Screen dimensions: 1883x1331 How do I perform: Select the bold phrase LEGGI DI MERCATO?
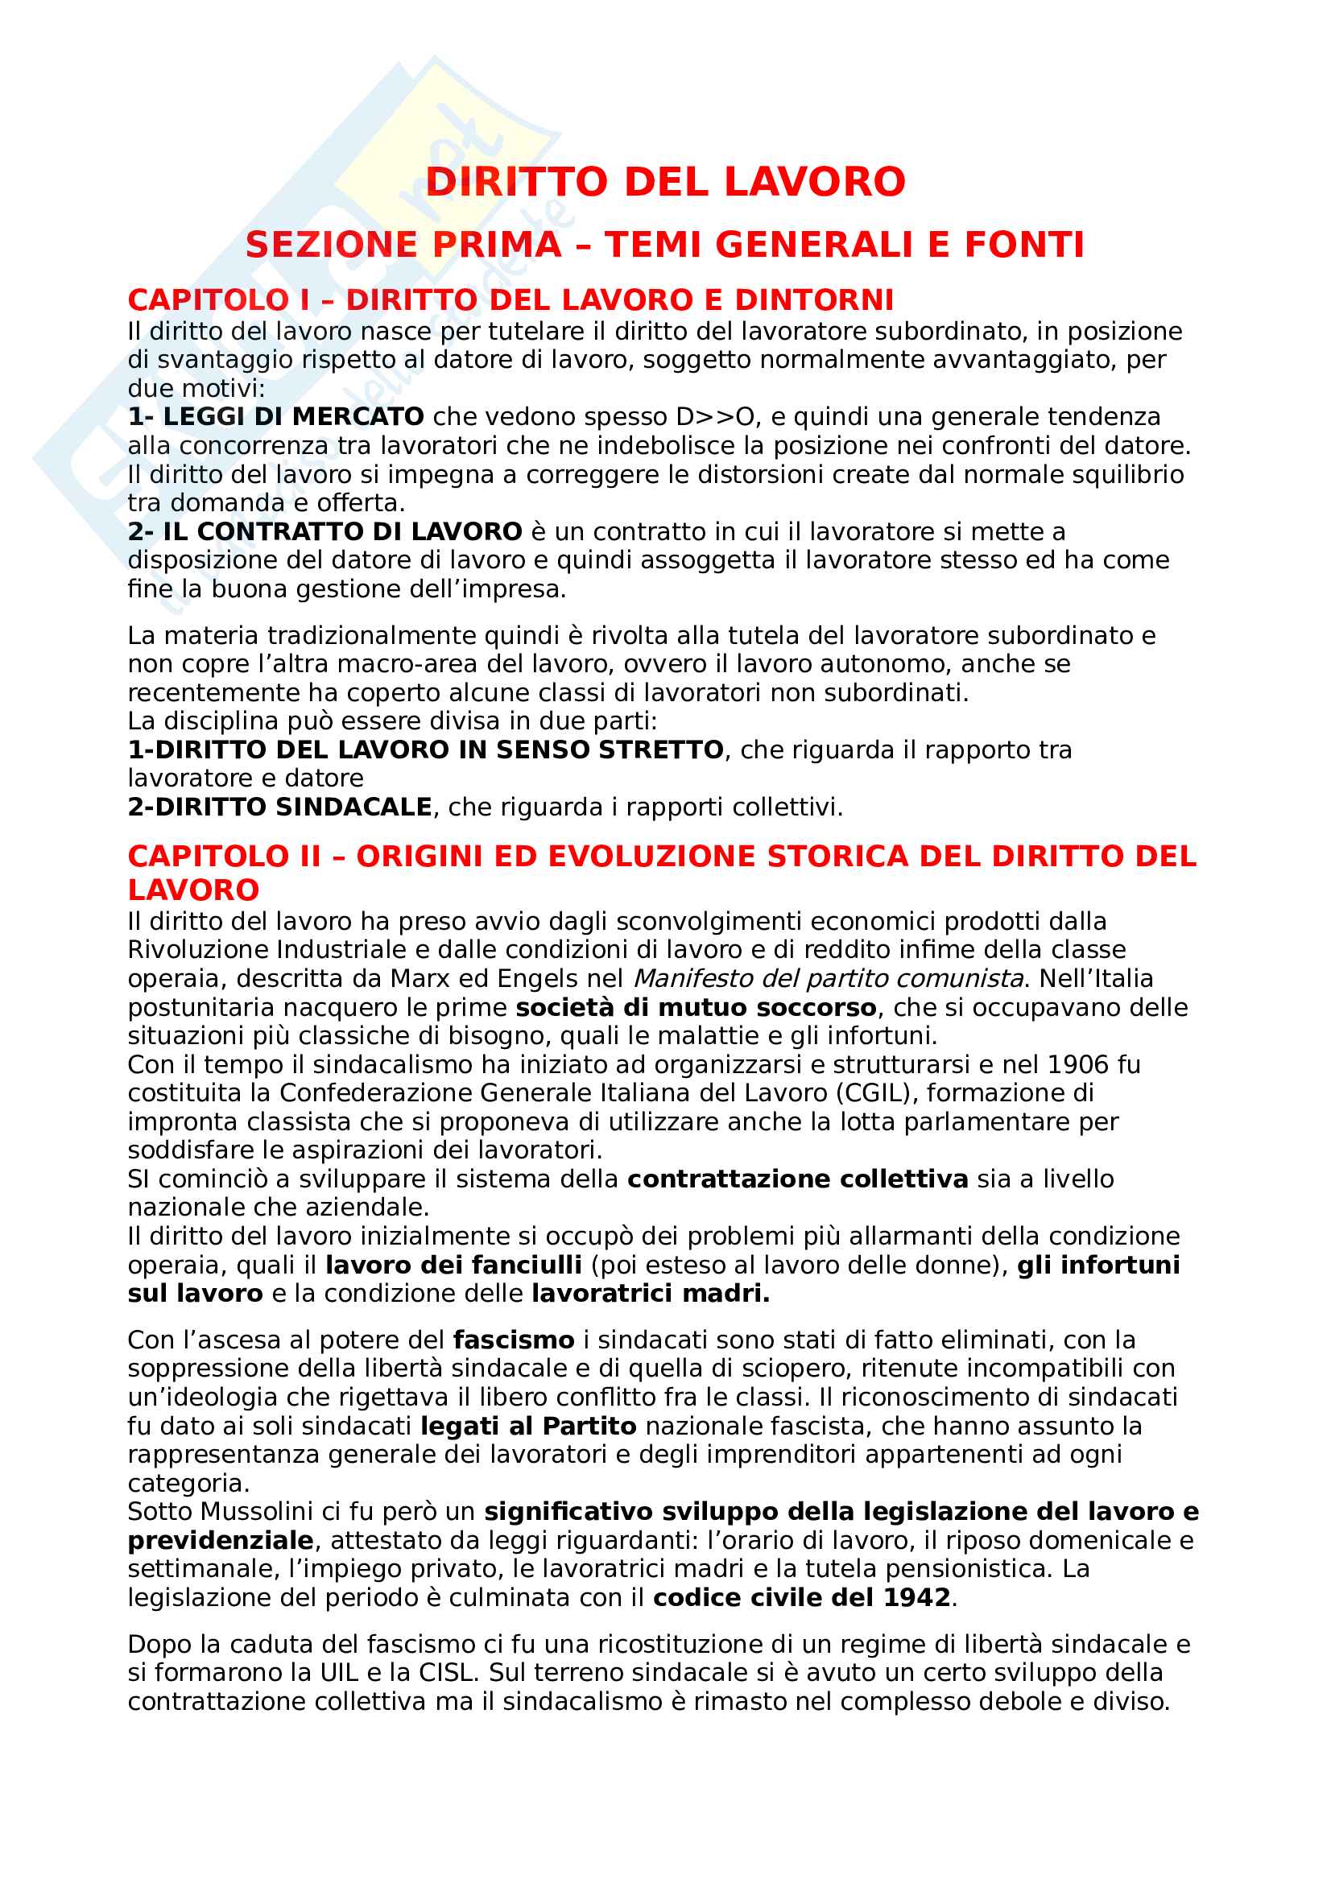point(293,418)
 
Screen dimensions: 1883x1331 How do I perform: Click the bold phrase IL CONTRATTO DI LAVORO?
point(342,532)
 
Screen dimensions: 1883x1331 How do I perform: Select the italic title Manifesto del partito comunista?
point(829,979)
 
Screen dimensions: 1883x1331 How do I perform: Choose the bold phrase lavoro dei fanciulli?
point(453,1266)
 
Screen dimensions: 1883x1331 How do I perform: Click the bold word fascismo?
point(514,1340)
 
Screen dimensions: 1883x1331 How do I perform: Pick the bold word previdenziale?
point(221,1541)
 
